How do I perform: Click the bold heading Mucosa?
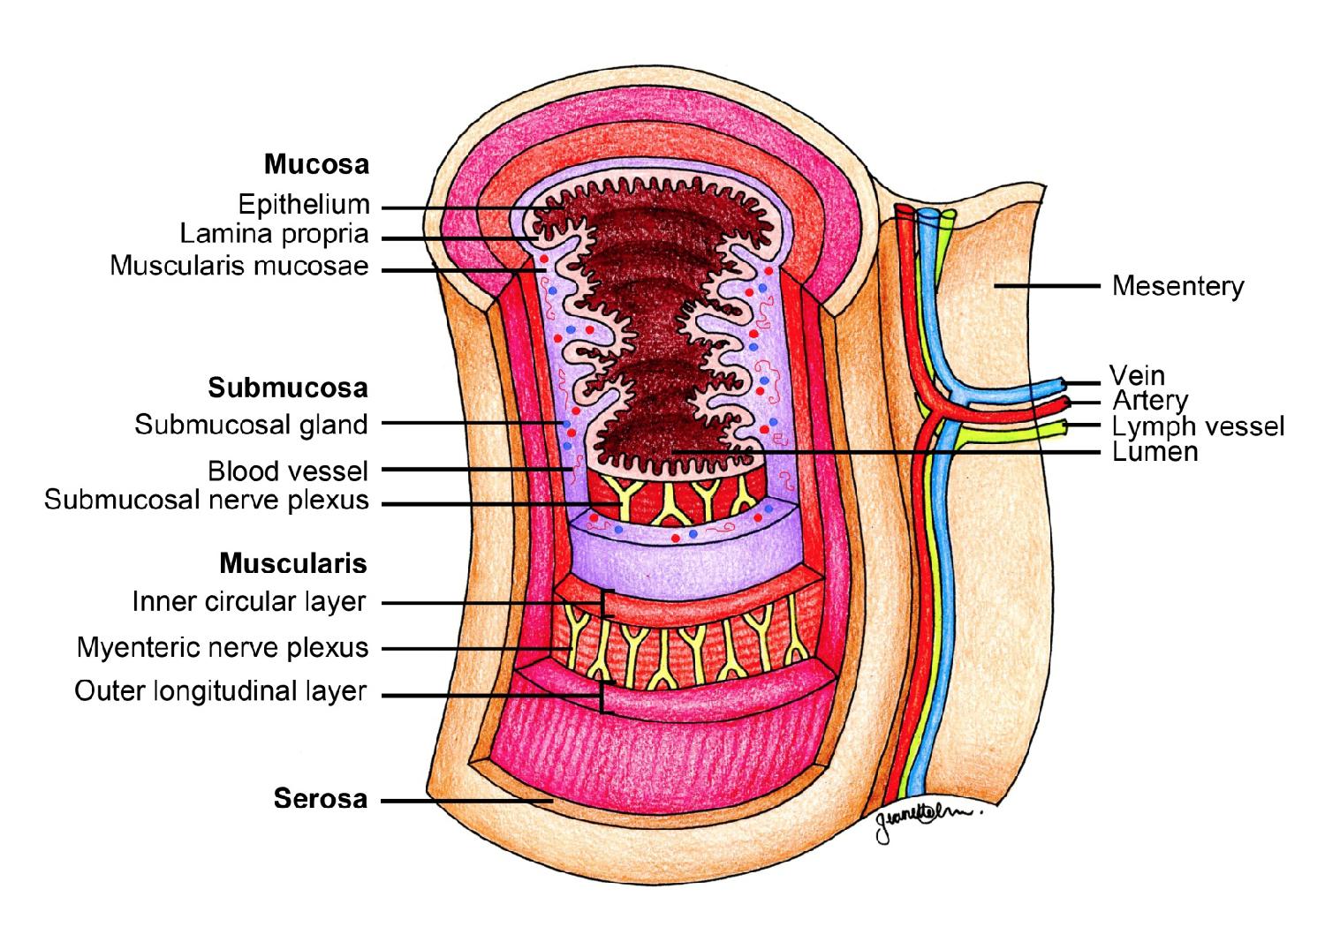click(316, 164)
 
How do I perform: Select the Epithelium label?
click(304, 205)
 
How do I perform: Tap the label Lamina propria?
click(274, 235)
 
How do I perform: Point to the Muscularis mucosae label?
click(239, 266)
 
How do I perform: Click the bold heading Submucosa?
click(288, 388)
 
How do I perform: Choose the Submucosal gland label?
click(251, 425)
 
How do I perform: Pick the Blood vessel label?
click(287, 471)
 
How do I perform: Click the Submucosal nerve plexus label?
click(206, 501)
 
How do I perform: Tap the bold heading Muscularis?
click(292, 562)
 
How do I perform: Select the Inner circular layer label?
click(248, 602)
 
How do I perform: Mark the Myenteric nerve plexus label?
click(222, 648)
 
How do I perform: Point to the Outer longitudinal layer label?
click(220, 691)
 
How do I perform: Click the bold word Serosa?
click(320, 799)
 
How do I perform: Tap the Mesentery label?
click(1177, 286)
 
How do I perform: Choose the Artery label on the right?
click(1150, 401)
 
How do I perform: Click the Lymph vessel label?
click(1197, 426)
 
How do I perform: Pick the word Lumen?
click(1155, 452)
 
